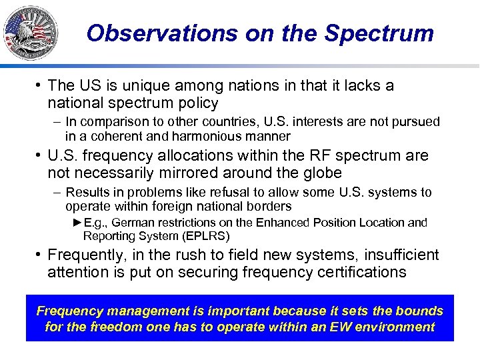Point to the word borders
[x=269, y=207]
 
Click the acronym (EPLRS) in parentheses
[x=207, y=236]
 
